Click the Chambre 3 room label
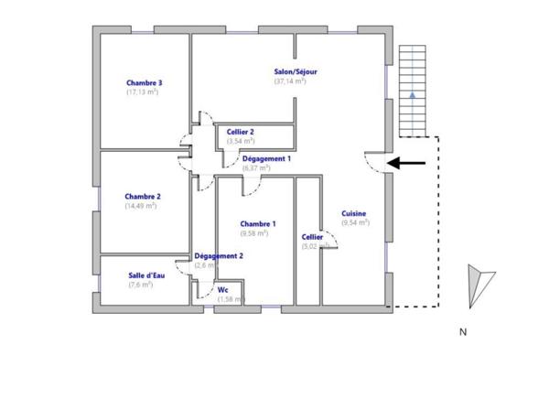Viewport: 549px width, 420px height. click(x=145, y=82)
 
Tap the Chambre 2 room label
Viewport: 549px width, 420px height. click(x=144, y=196)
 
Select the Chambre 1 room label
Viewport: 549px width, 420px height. click(x=258, y=224)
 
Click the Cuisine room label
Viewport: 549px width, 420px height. click(x=355, y=213)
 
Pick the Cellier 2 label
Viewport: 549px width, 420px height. click(x=241, y=132)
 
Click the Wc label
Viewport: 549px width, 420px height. click(x=222, y=290)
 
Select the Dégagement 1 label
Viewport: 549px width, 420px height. click(x=266, y=158)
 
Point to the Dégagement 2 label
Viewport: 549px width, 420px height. click(x=219, y=256)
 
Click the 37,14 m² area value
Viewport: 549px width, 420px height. click(x=289, y=81)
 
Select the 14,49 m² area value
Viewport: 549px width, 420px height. click(x=141, y=206)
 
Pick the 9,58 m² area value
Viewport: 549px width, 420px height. click(x=253, y=233)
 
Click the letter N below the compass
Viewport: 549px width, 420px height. click(x=463, y=331)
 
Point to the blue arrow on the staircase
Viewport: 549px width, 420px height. click(x=414, y=93)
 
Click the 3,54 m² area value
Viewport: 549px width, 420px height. click(x=240, y=142)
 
